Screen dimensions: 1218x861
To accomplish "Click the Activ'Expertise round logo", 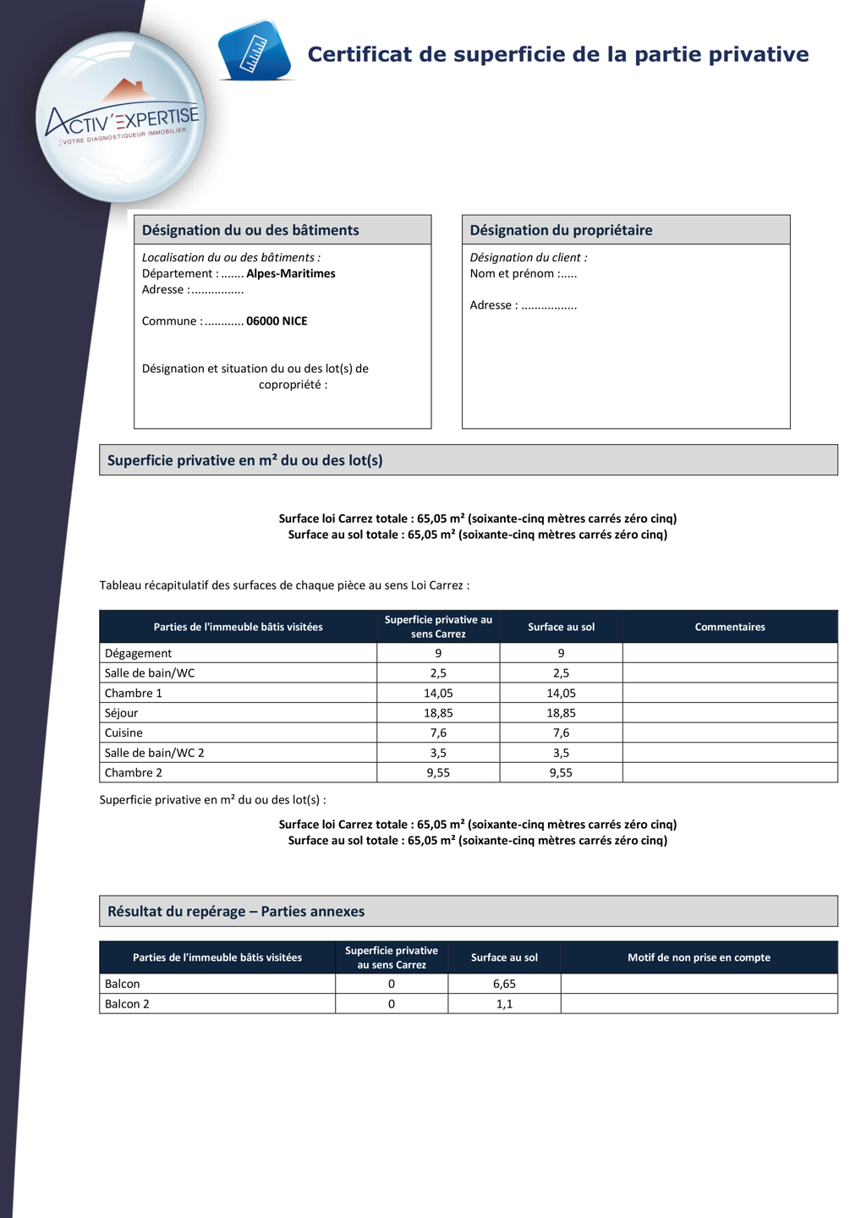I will [121, 118].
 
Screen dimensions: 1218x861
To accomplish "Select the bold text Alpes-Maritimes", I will [290, 274].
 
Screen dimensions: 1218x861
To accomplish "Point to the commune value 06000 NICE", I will [277, 321].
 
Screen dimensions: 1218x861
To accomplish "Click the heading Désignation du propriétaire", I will [561, 230].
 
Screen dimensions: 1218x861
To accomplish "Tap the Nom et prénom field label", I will [512, 274].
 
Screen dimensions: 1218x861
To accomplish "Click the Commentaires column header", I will [729, 627].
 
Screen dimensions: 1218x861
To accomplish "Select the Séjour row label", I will [121, 713].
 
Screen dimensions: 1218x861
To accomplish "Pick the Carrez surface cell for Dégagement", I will [438, 653].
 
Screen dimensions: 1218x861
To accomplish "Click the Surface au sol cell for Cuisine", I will [561, 733].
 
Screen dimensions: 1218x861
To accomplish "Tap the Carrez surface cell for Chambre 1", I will [438, 694].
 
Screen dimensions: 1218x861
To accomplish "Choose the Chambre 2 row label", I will [133, 773].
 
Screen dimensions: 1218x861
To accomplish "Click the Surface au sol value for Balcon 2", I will [504, 1004].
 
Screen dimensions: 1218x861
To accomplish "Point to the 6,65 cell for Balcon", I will [504, 984].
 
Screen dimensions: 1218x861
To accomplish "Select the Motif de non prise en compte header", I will [699, 957].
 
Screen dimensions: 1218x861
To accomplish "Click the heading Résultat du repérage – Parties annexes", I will [236, 912].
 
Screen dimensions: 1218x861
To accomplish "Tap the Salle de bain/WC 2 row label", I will [154, 753].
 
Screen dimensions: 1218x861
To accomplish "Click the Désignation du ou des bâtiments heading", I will [250, 230].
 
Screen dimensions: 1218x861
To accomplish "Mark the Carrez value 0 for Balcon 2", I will [391, 1004].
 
